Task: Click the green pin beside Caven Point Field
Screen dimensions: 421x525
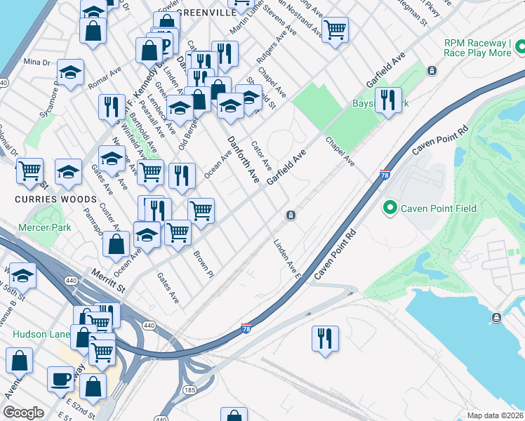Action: (389, 208)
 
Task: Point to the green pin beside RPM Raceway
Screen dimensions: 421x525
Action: (519, 48)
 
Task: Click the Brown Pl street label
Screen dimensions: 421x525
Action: (203, 265)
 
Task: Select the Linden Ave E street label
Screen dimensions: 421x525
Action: (287, 259)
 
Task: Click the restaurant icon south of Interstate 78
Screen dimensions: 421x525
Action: (325, 338)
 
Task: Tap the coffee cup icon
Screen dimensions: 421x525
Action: (60, 379)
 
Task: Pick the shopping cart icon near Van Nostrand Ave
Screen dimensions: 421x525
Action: (335, 29)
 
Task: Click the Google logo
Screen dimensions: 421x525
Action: (24, 413)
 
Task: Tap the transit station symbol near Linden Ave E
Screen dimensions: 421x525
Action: (289, 215)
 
